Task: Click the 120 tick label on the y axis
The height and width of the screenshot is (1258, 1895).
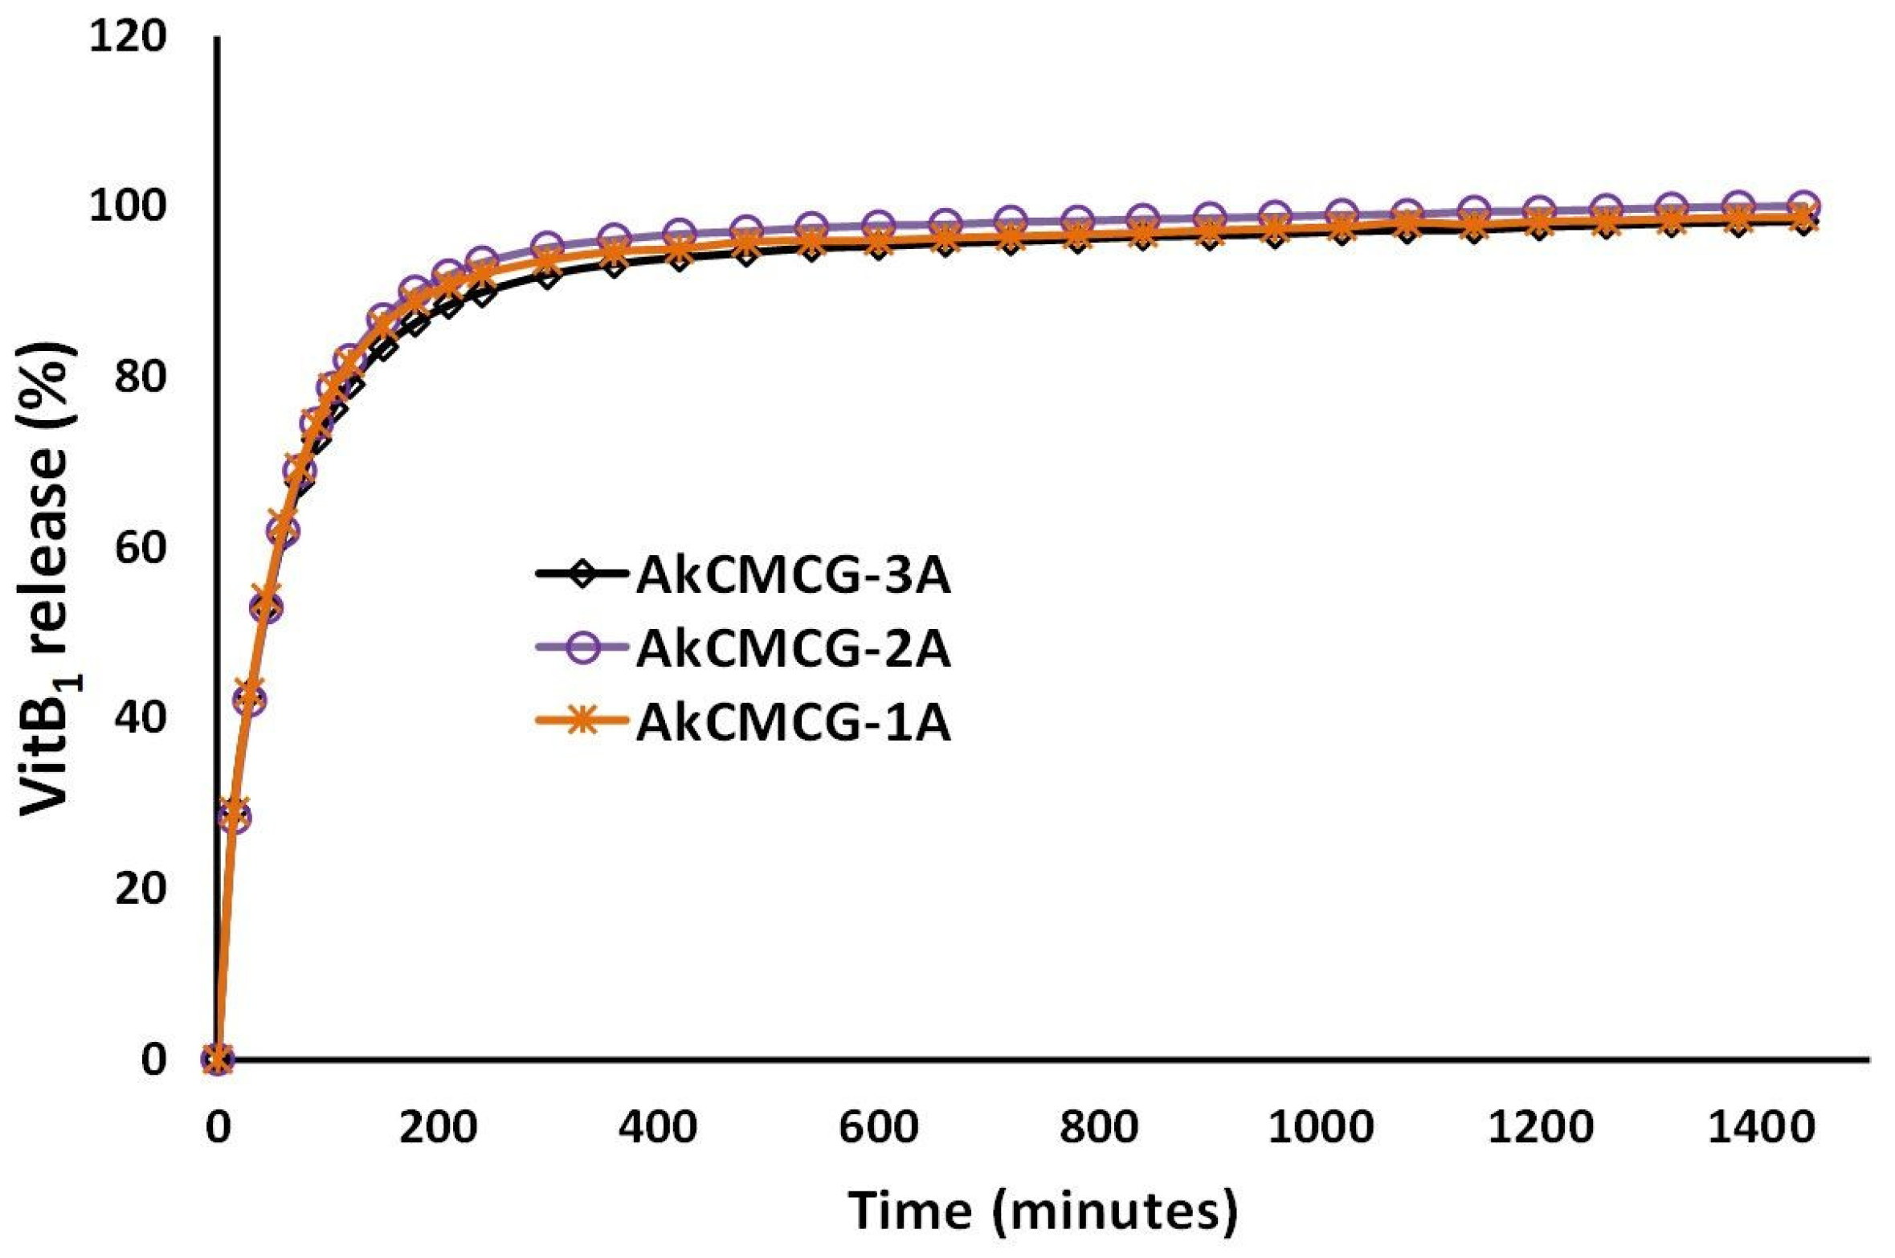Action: click(128, 37)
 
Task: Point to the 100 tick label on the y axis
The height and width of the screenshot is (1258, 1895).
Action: click(128, 207)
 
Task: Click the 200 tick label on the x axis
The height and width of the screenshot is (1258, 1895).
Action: click(439, 1128)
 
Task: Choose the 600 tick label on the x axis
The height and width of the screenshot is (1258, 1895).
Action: click(878, 1128)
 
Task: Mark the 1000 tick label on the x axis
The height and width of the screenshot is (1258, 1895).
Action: click(1321, 1128)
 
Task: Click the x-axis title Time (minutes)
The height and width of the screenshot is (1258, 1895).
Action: click(1042, 1211)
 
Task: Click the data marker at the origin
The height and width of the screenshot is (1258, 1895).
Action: click(218, 1059)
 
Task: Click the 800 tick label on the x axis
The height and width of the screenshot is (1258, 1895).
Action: click(1098, 1128)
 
